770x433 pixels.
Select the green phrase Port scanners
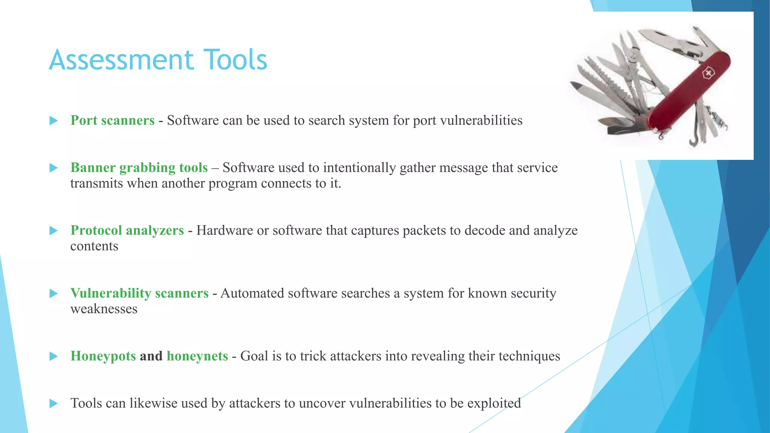pos(112,121)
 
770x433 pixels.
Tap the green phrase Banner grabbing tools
pos(139,168)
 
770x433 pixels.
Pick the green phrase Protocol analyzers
pos(127,230)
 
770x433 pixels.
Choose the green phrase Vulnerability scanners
pos(139,293)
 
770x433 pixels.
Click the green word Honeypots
pos(103,356)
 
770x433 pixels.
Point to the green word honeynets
pos(197,356)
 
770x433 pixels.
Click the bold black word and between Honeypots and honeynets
pos(151,356)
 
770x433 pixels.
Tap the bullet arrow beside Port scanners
pos(54,121)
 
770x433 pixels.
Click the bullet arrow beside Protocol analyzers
pos(54,230)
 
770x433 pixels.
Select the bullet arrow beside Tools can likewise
pos(54,403)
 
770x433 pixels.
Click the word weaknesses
pos(104,309)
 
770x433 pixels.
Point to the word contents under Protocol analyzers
pos(94,247)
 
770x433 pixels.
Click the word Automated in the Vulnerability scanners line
pos(252,293)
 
